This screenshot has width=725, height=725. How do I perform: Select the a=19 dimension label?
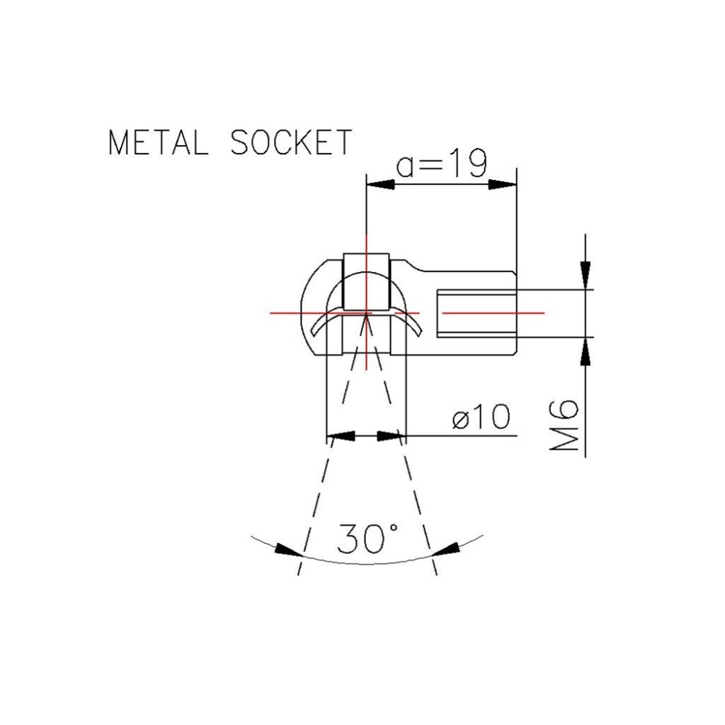440,166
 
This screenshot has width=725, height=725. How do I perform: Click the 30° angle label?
368,539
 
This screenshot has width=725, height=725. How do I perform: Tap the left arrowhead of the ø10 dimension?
341,436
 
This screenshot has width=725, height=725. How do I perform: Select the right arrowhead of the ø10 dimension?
389,436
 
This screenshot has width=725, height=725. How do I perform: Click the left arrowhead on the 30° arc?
289,551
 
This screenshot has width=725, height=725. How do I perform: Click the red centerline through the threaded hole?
493,312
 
